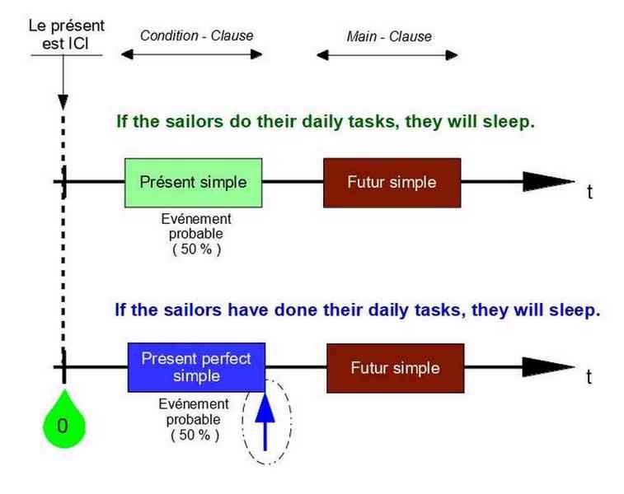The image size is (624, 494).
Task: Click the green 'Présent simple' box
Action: click(x=194, y=183)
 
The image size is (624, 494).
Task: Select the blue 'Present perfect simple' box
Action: click(x=196, y=367)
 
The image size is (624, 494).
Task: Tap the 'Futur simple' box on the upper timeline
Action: click(x=392, y=183)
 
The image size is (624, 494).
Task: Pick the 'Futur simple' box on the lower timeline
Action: click(x=396, y=368)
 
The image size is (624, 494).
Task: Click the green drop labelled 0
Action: click(x=64, y=422)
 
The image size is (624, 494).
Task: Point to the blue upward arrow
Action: click(x=265, y=422)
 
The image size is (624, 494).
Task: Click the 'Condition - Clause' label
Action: click(x=196, y=35)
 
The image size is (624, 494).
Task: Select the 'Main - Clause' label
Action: click(x=389, y=36)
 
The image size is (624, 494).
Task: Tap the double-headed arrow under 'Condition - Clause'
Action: click(x=191, y=54)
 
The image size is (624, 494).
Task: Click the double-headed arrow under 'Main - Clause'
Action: click(x=387, y=55)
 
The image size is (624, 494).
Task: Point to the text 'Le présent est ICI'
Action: click(x=66, y=35)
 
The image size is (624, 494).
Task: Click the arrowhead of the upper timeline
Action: click(x=548, y=182)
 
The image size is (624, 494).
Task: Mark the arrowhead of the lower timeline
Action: click(x=548, y=367)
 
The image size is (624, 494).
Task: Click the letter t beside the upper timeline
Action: click(x=589, y=192)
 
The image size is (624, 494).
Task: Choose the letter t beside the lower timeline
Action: click(x=589, y=377)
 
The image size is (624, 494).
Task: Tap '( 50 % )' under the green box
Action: click(x=196, y=249)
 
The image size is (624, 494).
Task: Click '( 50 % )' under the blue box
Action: click(x=195, y=435)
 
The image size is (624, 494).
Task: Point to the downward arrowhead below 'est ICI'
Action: click(x=63, y=102)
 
